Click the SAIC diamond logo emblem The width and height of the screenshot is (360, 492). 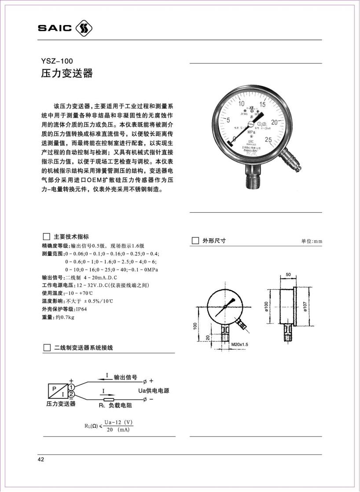[x=84, y=28]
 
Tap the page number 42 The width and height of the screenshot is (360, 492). [x=41, y=460]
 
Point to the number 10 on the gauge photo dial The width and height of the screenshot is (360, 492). [x=242, y=104]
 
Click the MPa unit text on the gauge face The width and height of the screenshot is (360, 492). [x=251, y=131]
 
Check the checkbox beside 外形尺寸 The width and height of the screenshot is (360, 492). [x=196, y=241]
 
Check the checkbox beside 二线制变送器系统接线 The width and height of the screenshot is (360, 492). [x=47, y=348]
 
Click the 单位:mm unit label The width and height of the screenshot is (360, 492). [x=312, y=241]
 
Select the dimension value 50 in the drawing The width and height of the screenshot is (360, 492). [x=288, y=274]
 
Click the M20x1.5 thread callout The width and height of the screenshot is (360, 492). [x=240, y=345]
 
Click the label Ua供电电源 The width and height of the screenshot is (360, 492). [x=151, y=390]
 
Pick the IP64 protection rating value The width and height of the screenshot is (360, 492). [x=82, y=309]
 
